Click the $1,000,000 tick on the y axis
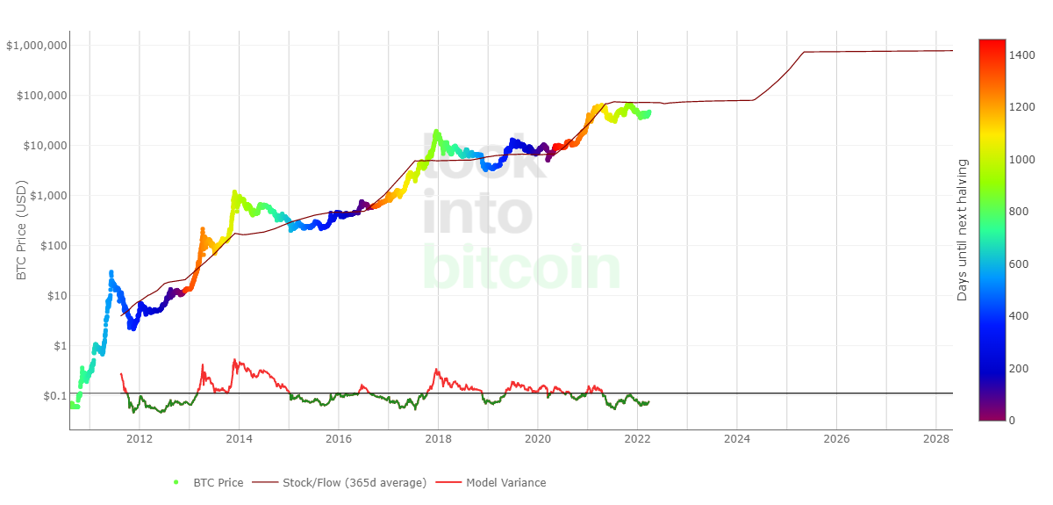(x=36, y=46)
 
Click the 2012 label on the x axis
(x=140, y=439)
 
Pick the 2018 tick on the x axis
(x=439, y=439)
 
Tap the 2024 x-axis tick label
(x=737, y=439)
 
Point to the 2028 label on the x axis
(x=936, y=439)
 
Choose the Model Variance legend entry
(x=505, y=482)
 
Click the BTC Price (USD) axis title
(x=22, y=230)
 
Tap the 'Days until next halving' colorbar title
(x=963, y=230)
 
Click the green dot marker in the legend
(x=176, y=482)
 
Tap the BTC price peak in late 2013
(x=233, y=192)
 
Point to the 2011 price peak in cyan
(x=111, y=273)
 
